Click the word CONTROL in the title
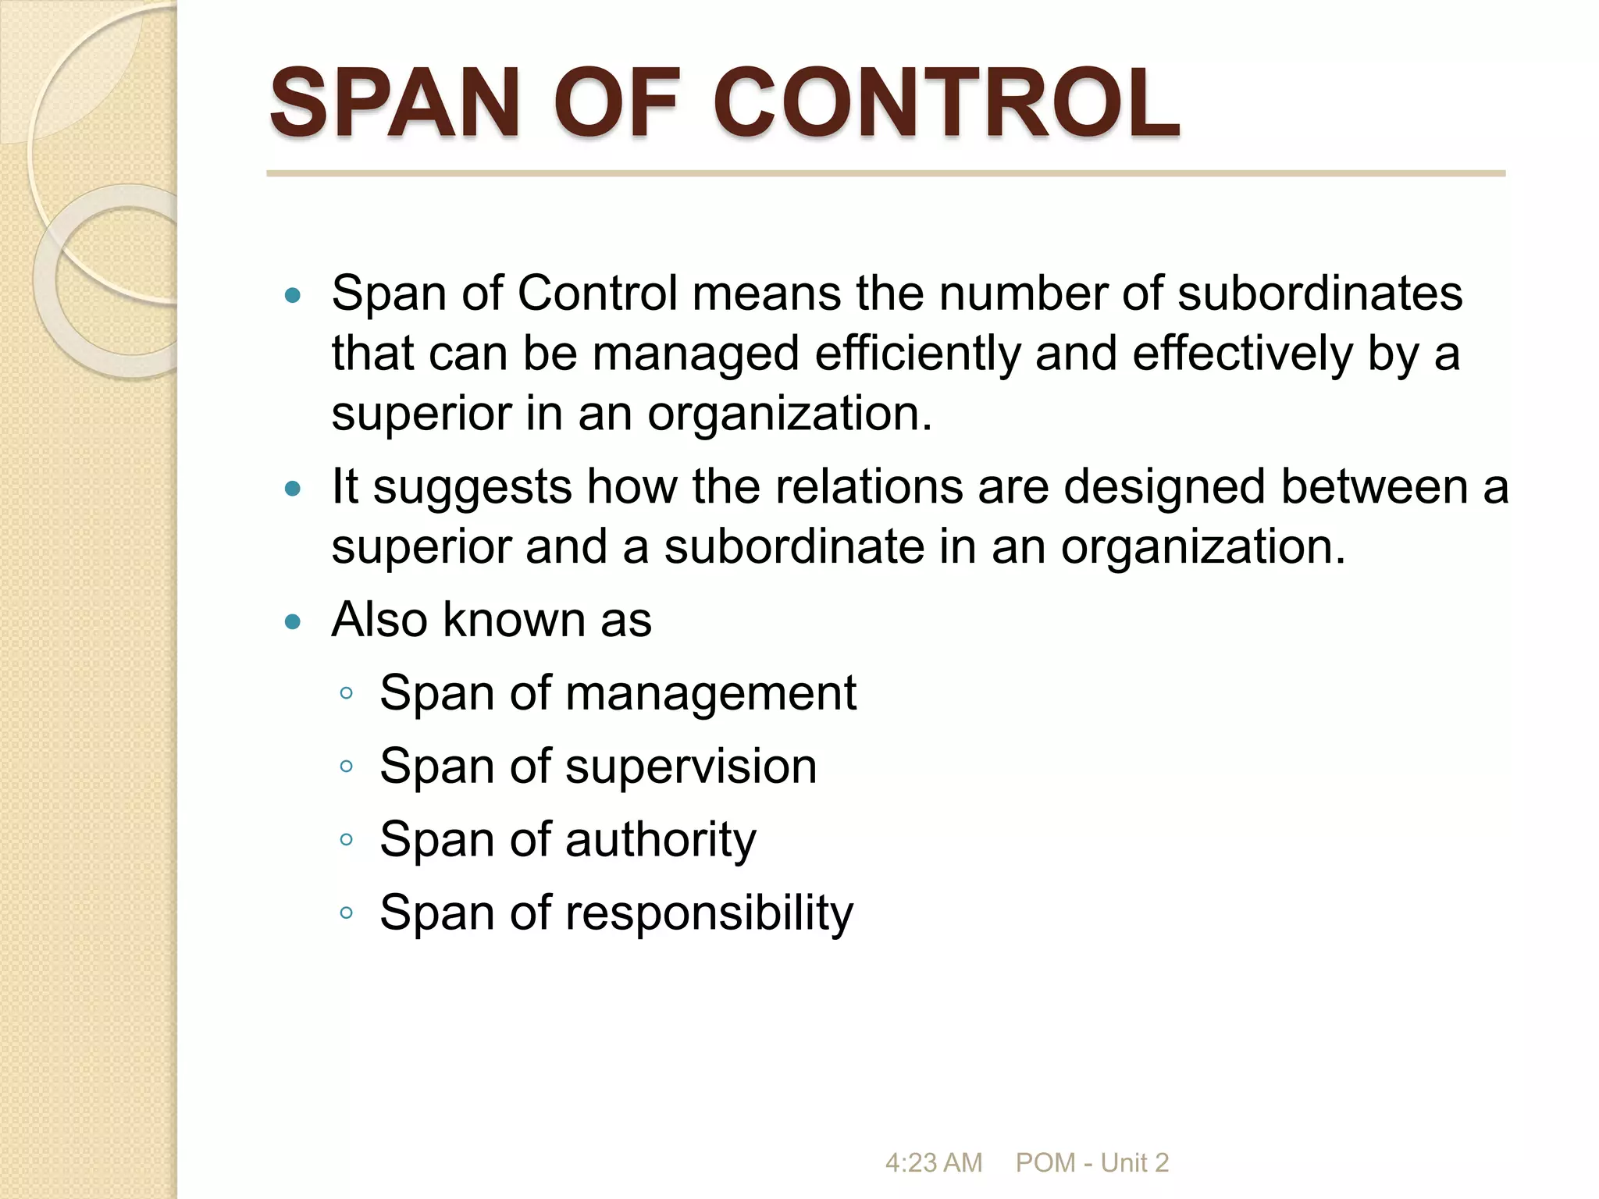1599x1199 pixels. pyautogui.click(x=946, y=103)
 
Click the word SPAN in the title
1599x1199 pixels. pyautogui.click(x=395, y=103)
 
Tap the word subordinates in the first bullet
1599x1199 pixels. pyautogui.click(x=1319, y=294)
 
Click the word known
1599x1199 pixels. pyautogui.click(x=514, y=620)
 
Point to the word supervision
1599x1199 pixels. pyautogui.click(x=691, y=767)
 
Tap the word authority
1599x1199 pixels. pyautogui.click(x=661, y=841)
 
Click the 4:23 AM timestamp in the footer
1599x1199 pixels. pyautogui.click(x=933, y=1163)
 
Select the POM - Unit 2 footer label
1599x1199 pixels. pyautogui.click(x=1092, y=1163)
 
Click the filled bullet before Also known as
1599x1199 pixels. pyautogui.click(x=293, y=622)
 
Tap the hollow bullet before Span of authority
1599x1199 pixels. pyautogui.click(x=347, y=840)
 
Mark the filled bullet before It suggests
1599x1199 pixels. pyautogui.click(x=293, y=489)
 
